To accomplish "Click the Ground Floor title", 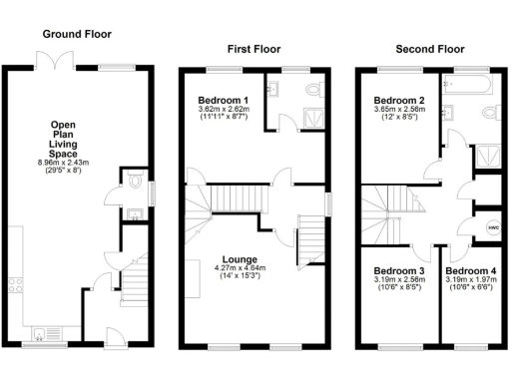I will pos(74,33).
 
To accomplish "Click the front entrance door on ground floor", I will pos(112,339).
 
